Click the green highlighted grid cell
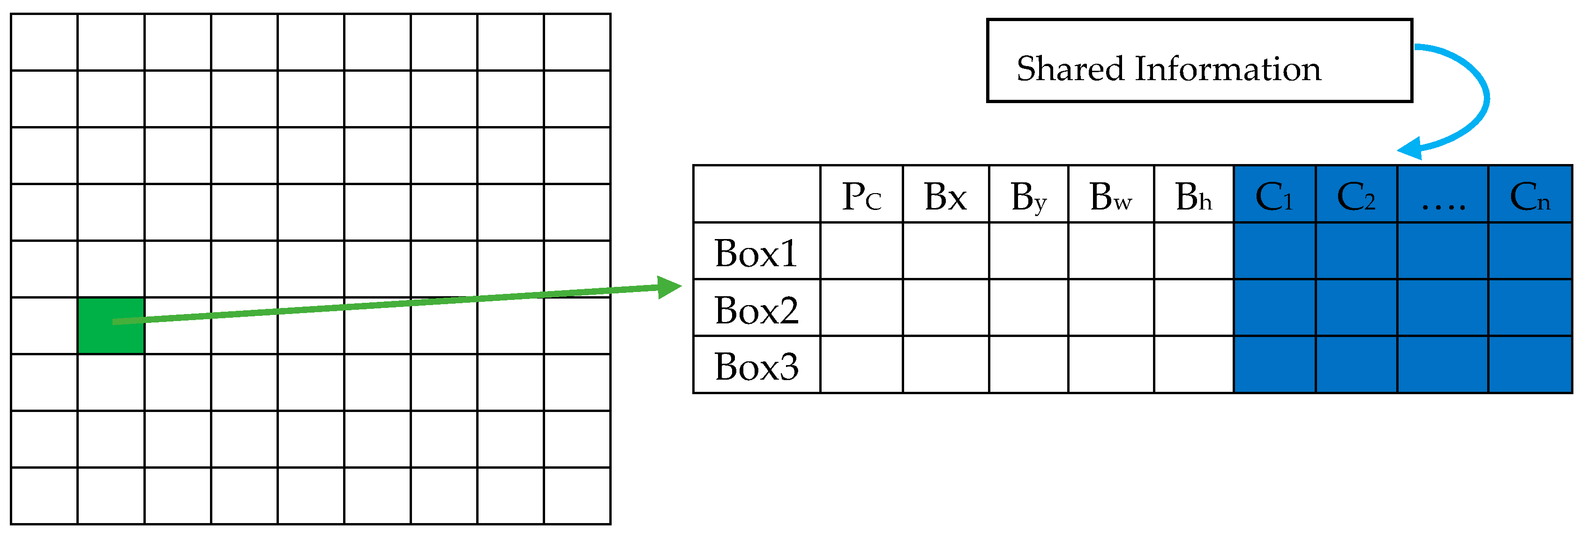tap(111, 325)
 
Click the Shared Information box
tap(1199, 60)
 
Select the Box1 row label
tap(756, 252)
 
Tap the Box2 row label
tap(756, 308)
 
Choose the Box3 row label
tap(756, 365)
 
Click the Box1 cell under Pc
tap(861, 251)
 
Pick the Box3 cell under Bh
tap(1193, 365)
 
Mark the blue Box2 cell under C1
tap(1274, 308)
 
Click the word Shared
tap(1070, 68)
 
